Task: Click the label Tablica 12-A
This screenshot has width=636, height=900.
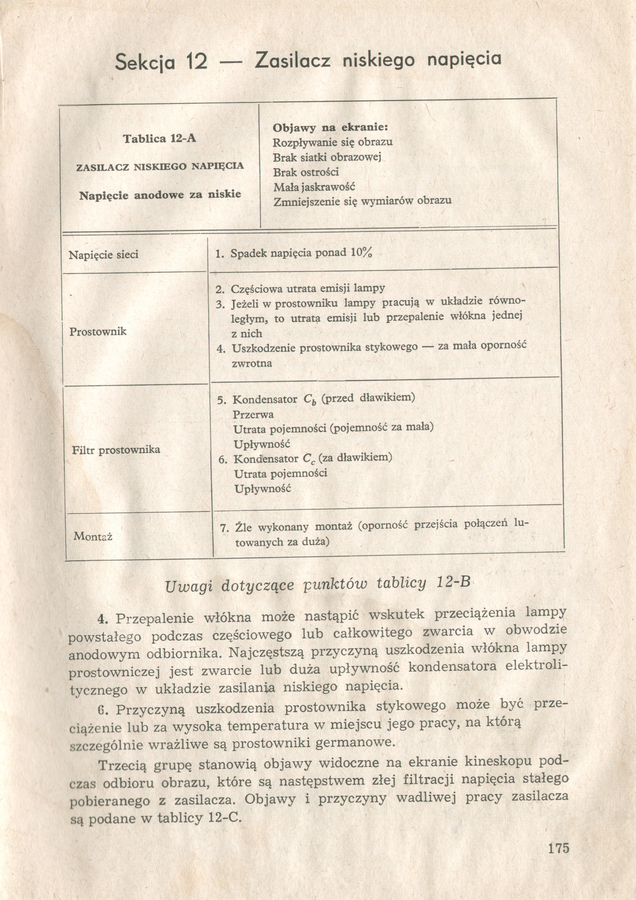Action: click(x=160, y=139)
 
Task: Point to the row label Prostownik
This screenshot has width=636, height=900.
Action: click(x=98, y=331)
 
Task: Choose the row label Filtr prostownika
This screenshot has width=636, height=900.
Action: click(x=116, y=449)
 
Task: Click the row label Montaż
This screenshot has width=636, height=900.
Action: click(x=93, y=536)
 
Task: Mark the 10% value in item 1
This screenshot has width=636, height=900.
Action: click(x=361, y=252)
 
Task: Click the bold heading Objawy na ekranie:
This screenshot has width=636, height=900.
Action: click(x=330, y=128)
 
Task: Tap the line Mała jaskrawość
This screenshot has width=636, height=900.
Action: click(x=314, y=187)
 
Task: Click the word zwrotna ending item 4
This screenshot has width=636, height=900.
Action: click(x=252, y=363)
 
